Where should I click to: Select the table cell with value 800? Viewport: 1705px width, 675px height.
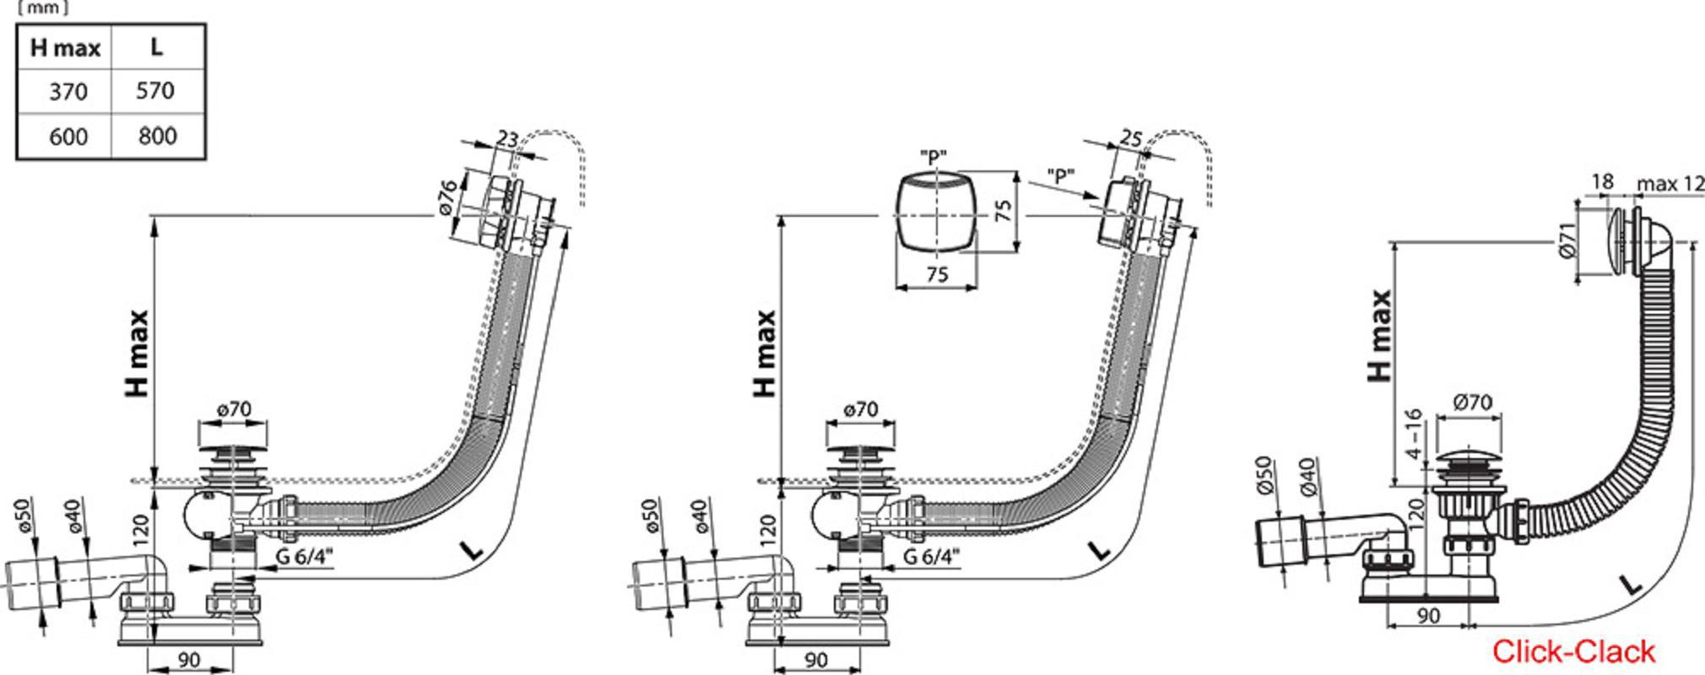(158, 136)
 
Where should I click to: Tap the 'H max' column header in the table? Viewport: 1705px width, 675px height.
(65, 47)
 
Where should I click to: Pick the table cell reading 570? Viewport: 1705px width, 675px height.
(158, 91)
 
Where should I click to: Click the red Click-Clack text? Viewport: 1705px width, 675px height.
(1573, 651)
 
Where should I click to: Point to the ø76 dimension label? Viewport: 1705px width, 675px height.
(447, 197)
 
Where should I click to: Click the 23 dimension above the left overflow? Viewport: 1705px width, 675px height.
(506, 138)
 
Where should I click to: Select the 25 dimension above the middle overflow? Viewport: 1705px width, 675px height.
(1131, 137)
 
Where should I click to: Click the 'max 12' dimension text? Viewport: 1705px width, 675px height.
(1670, 183)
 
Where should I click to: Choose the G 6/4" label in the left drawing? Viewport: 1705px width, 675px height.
(305, 556)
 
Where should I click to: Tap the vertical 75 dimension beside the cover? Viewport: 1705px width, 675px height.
(1003, 210)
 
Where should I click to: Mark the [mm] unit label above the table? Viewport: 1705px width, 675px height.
(43, 8)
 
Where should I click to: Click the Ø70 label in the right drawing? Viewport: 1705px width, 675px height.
(1473, 402)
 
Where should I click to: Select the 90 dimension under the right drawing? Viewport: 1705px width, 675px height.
(1427, 616)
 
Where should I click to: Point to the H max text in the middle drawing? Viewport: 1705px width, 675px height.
(764, 354)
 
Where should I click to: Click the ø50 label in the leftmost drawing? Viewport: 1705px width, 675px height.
(24, 516)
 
